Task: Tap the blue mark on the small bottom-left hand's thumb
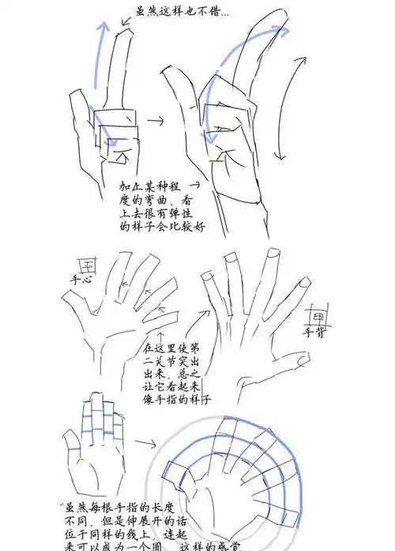point(73,448)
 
